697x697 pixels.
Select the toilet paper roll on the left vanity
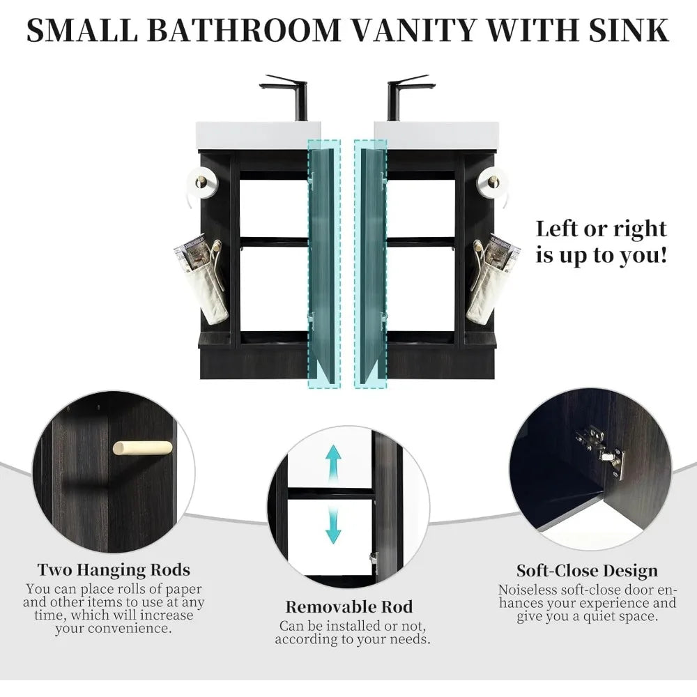coord(202,182)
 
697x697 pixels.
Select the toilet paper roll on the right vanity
coord(493,182)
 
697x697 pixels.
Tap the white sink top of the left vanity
coord(258,135)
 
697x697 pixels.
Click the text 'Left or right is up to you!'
coord(601,241)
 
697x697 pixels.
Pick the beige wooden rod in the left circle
coord(142,447)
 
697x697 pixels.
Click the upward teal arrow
coord(334,463)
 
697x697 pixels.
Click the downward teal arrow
coord(334,526)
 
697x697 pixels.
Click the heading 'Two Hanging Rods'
coord(114,570)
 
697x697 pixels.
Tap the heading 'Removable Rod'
coord(349,606)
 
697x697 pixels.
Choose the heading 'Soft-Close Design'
coord(587,571)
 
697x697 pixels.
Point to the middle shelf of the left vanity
coord(274,242)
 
